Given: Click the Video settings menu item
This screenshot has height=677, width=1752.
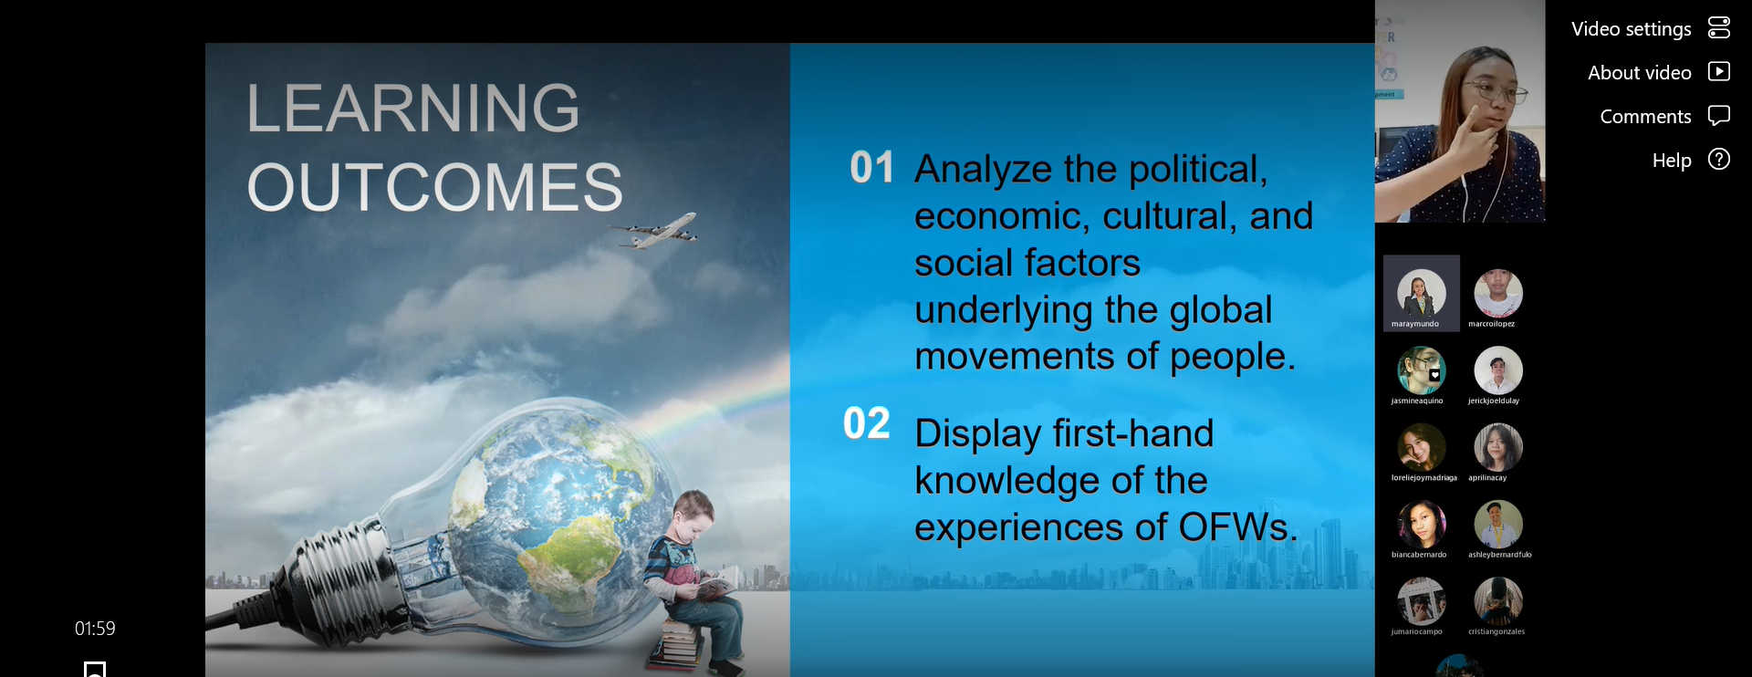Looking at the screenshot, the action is click(x=1650, y=29).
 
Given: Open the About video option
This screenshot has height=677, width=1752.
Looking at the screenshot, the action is click(x=1658, y=73).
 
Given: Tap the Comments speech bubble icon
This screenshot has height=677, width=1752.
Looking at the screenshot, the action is click(x=1719, y=116).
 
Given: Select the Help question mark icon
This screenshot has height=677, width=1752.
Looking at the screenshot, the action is click(x=1719, y=160).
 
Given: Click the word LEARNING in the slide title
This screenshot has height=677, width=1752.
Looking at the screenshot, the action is click(x=413, y=108).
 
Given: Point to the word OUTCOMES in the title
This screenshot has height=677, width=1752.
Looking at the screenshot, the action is click(x=435, y=187).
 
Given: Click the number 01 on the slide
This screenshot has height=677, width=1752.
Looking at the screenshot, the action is click(x=871, y=168).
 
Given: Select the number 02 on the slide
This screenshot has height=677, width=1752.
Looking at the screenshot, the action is click(x=866, y=423).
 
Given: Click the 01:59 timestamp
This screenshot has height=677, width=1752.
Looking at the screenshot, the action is click(x=95, y=629).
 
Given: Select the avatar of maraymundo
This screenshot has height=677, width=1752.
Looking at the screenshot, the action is click(x=1422, y=293).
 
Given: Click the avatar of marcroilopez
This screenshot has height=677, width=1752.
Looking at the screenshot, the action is click(x=1498, y=293).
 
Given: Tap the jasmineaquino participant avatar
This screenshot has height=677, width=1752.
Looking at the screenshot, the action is click(x=1422, y=370).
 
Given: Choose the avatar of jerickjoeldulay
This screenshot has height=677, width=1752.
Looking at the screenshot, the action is click(x=1498, y=370).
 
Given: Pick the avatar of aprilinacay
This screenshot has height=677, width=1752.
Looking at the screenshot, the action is click(x=1498, y=447).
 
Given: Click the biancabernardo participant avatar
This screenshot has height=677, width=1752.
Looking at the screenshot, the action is click(x=1422, y=525).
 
